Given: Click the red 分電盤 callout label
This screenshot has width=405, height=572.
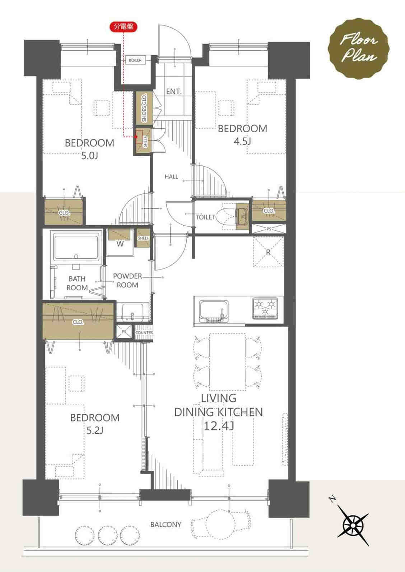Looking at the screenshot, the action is point(124,27).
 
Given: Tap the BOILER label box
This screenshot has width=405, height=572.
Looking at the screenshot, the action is point(135,60).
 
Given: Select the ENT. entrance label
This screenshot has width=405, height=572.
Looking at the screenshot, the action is point(173,91).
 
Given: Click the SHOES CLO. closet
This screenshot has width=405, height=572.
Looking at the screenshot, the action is point(144,108).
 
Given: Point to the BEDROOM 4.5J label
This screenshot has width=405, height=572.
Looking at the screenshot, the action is point(242,135).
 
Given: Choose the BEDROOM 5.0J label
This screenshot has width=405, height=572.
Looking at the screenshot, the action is point(89,149).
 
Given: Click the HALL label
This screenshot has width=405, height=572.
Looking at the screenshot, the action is point(171,176).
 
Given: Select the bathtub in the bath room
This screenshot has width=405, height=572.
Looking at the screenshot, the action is point(76,246).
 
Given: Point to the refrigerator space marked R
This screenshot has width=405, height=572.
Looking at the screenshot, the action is point(268,252).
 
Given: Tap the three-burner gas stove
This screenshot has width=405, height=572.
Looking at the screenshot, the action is point(265,309).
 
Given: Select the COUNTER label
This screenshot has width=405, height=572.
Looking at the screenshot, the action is point(144,333).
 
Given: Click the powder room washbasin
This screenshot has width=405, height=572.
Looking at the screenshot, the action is point(132,312).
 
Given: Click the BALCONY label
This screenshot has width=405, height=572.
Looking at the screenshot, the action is point(166,525).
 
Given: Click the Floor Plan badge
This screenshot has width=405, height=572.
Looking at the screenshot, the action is point(359,49).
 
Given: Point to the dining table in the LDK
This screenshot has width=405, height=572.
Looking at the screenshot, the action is point(228,362).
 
